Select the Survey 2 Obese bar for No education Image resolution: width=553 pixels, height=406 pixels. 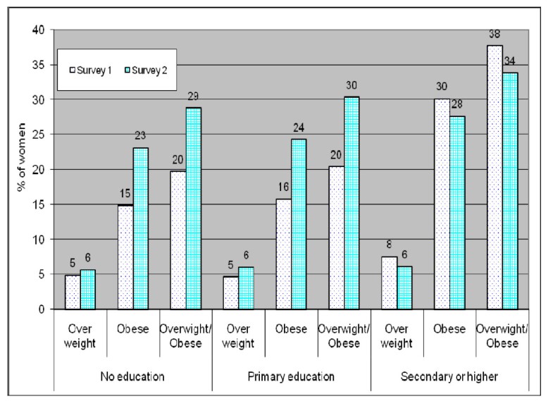pos(141,228)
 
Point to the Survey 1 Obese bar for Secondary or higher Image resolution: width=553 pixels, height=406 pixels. pos(442,204)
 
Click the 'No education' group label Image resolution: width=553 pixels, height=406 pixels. pos(133,377)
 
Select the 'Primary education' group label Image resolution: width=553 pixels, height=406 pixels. pos(292,377)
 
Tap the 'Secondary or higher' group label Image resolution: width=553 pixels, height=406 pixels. pos(449,377)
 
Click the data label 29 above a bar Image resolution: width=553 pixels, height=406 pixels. pos(194,94)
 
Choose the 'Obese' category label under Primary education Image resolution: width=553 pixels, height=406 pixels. pos(292,329)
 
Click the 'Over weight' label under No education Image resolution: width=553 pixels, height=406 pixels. pos(80,336)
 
